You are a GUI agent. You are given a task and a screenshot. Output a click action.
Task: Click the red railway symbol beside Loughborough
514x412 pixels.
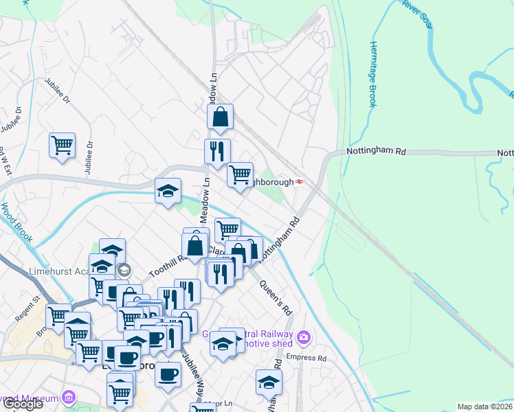(300, 181)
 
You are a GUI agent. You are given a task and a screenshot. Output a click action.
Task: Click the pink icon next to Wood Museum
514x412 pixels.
(68, 397)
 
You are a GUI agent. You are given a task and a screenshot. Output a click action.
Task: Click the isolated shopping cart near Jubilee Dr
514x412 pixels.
(62, 146)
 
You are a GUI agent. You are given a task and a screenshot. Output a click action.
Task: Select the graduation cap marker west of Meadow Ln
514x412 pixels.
(167, 192)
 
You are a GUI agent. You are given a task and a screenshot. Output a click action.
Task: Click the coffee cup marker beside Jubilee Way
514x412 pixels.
(167, 374)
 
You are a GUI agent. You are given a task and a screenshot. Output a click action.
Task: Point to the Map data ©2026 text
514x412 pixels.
(485, 407)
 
